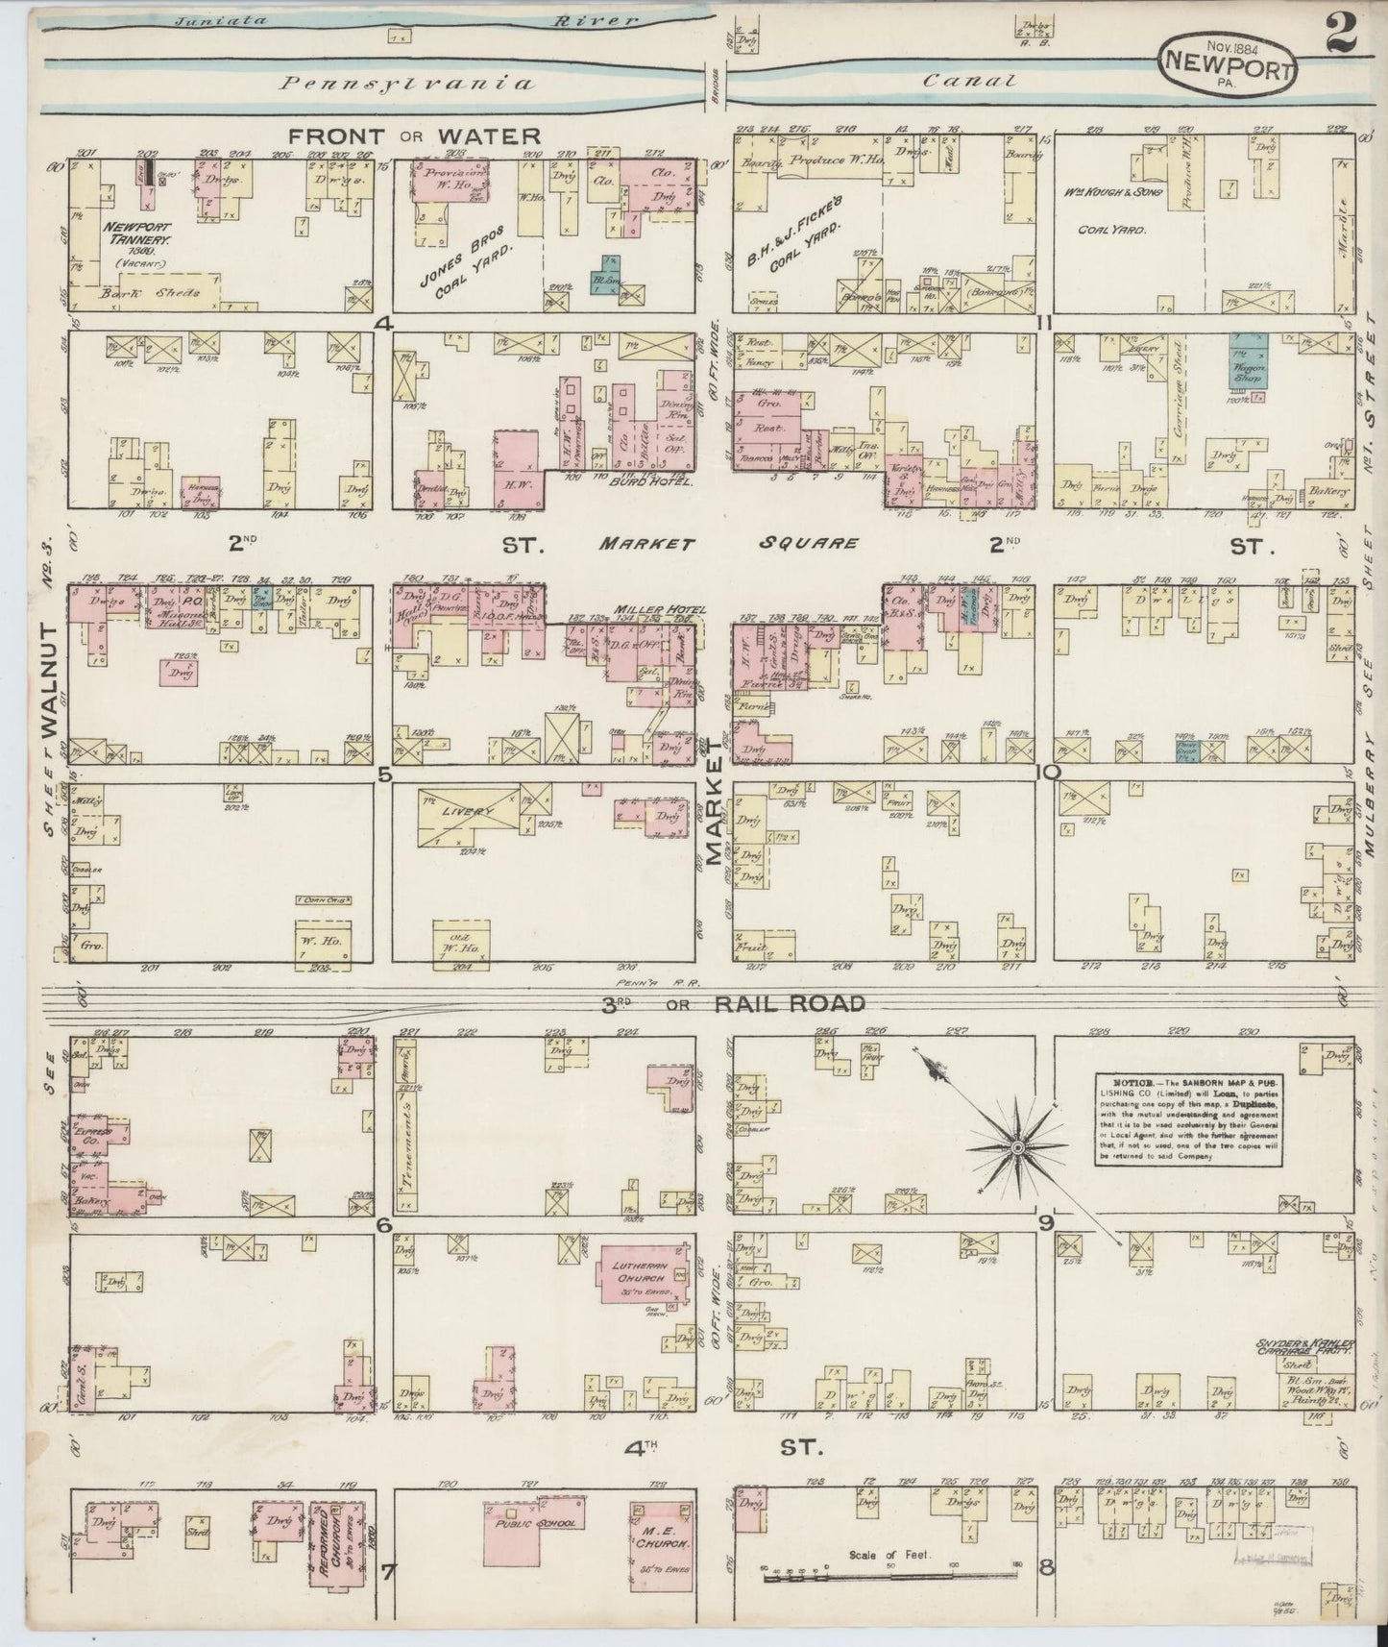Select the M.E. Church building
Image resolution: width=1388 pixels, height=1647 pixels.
tap(662, 1545)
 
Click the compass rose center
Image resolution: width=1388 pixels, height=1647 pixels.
tap(1017, 1147)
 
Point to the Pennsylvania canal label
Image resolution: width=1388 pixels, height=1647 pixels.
tap(406, 84)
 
